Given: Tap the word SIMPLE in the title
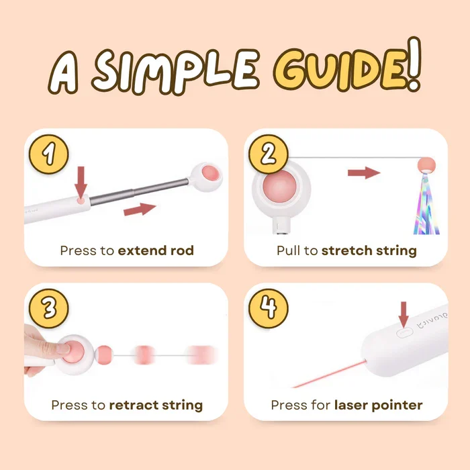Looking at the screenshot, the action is [x=175, y=72].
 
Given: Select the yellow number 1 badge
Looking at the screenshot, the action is [x=49, y=154].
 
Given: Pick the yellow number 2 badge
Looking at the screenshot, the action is [x=269, y=154].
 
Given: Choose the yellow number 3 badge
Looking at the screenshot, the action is [x=49, y=308].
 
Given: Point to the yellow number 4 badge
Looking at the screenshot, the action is [x=269, y=308].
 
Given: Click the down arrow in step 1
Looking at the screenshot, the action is [x=81, y=182].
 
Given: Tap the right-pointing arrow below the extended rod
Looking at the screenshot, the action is [x=140, y=209].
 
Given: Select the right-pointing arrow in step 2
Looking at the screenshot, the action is [x=364, y=173].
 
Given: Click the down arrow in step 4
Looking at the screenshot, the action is [x=404, y=315].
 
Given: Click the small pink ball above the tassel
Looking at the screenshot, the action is [x=426, y=164].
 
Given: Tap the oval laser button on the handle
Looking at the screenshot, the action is [x=405, y=333].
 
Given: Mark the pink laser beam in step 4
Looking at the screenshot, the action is [x=329, y=374].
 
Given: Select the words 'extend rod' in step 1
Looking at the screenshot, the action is [x=156, y=250].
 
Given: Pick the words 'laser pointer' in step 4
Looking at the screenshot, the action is [x=379, y=406].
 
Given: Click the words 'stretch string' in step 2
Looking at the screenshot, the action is [x=369, y=251].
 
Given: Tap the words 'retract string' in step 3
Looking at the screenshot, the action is [x=156, y=406].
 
